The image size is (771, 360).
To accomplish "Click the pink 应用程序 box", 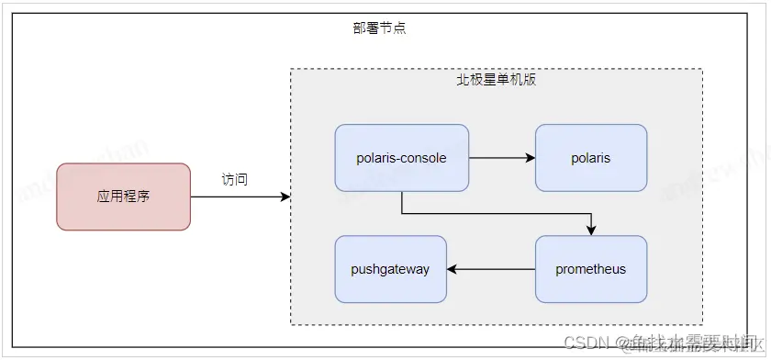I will (x=123, y=197).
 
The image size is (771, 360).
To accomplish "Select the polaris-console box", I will (x=401, y=158).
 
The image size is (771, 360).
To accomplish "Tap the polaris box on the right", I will (x=590, y=158).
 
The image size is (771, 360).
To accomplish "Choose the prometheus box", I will (x=590, y=269).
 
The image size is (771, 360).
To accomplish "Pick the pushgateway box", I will (x=390, y=269).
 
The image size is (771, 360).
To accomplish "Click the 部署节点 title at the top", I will (x=379, y=28).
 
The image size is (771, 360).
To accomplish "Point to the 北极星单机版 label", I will (x=497, y=80).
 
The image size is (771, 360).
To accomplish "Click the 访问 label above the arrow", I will (x=235, y=179).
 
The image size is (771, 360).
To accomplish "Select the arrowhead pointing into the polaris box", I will (x=530, y=158).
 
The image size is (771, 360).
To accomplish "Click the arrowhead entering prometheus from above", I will (x=591, y=230).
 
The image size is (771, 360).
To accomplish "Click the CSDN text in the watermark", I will (x=582, y=343).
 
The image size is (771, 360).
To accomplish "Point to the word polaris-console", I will (x=401, y=158).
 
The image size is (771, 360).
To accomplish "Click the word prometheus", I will (x=590, y=269).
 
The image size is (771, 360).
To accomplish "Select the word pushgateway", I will (x=390, y=269).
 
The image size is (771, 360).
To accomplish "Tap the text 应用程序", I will (x=123, y=197).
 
